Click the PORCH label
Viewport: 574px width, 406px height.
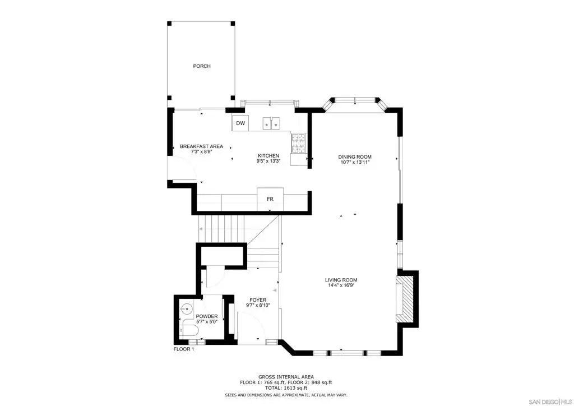click(202, 66)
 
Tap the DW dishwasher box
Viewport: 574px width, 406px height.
click(240, 123)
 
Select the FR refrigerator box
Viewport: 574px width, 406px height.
click(270, 199)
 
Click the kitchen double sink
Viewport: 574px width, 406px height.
click(271, 124)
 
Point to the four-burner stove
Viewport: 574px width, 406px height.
click(298, 143)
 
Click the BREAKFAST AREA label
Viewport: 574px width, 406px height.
click(201, 146)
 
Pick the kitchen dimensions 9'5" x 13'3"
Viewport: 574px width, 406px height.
click(269, 161)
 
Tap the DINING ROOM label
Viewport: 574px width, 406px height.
click(355, 156)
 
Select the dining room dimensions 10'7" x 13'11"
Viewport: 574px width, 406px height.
click(355, 162)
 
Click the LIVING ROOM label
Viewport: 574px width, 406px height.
click(341, 280)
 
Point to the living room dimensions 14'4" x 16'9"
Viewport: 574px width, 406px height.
click(341, 285)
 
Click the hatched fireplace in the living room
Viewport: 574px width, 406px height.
click(405, 299)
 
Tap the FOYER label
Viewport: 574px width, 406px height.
click(258, 300)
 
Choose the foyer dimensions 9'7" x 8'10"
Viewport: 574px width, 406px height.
click(258, 305)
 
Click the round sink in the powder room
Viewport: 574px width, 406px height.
click(186, 310)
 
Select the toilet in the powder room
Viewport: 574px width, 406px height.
click(189, 331)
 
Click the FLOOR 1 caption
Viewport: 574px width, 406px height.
click(184, 349)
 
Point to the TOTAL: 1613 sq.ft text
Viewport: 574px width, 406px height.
click(286, 387)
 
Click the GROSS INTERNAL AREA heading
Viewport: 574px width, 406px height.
click(286, 377)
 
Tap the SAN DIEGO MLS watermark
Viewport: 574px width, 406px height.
click(550, 402)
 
